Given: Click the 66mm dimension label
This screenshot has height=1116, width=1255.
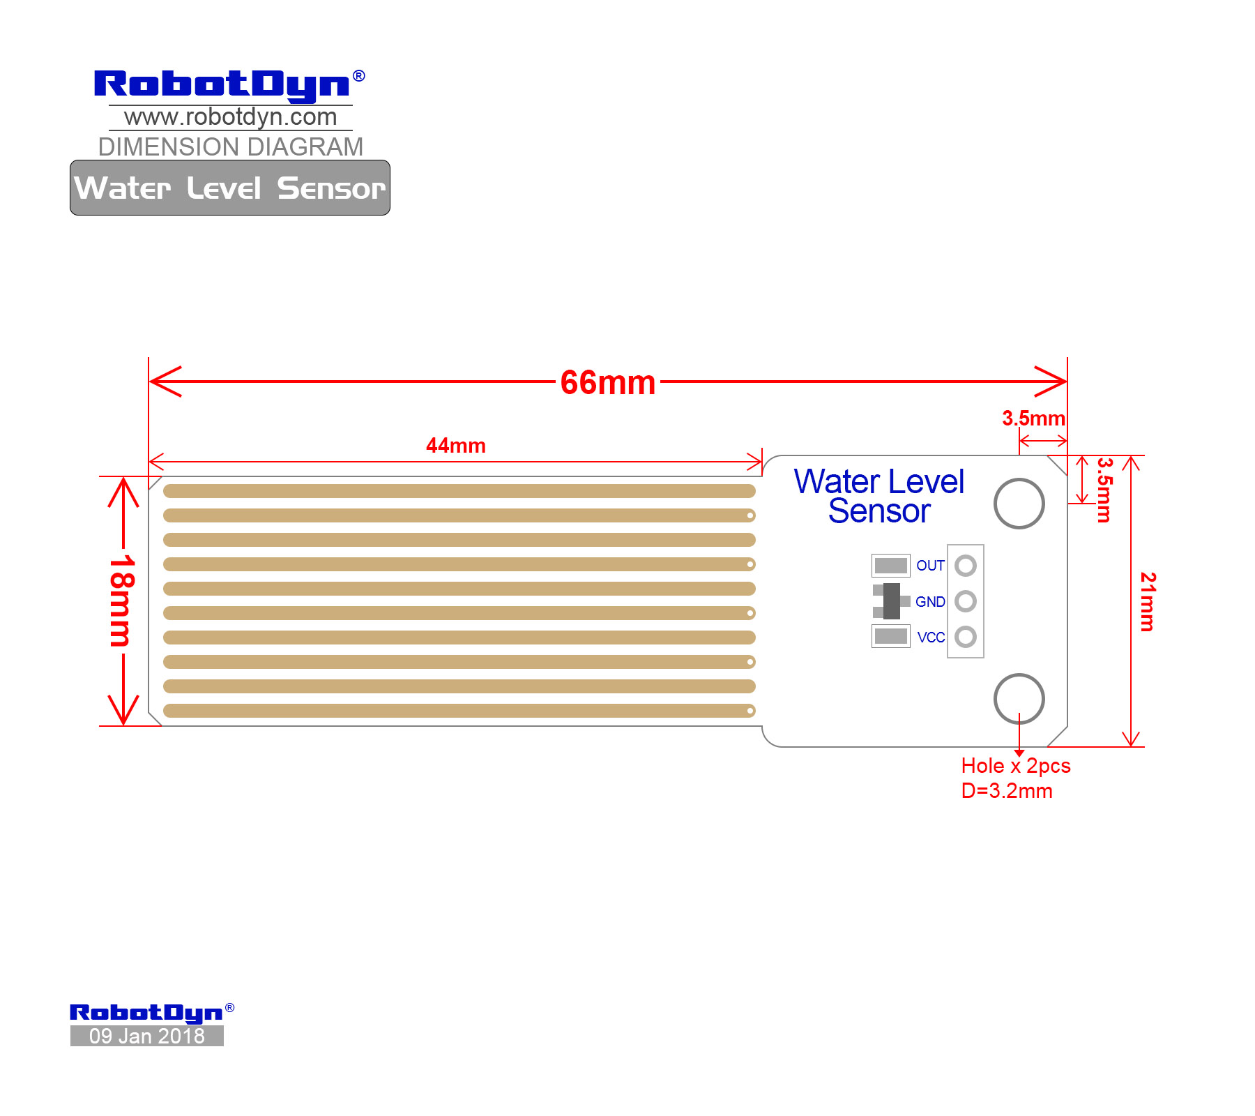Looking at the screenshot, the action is point(608,383).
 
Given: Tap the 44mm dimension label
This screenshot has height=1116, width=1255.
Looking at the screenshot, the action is point(456,446).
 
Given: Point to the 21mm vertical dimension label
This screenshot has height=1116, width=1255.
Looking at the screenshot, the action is point(1148,602).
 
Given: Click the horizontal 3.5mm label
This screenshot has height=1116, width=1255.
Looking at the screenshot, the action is point(1033,418).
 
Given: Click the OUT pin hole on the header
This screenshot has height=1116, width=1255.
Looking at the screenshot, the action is point(966,566).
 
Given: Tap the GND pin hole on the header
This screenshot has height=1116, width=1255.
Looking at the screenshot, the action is point(966,601).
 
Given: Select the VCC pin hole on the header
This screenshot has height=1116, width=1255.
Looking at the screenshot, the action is point(966,637).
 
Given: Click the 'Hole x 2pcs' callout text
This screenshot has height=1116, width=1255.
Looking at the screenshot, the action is point(1016,766).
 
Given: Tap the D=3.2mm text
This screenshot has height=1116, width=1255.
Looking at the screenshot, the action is point(1007,791).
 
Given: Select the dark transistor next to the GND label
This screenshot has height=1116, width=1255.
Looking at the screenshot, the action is point(891,601).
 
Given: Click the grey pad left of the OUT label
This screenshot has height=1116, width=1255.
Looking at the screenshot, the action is point(891,565).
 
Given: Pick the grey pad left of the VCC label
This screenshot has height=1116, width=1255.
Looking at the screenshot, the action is point(891,636).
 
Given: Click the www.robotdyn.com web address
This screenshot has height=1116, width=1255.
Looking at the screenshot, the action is point(231,117).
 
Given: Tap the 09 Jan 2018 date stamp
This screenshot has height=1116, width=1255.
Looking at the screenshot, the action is point(147,1036).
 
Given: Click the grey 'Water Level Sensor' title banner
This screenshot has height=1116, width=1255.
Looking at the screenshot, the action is point(230,188).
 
